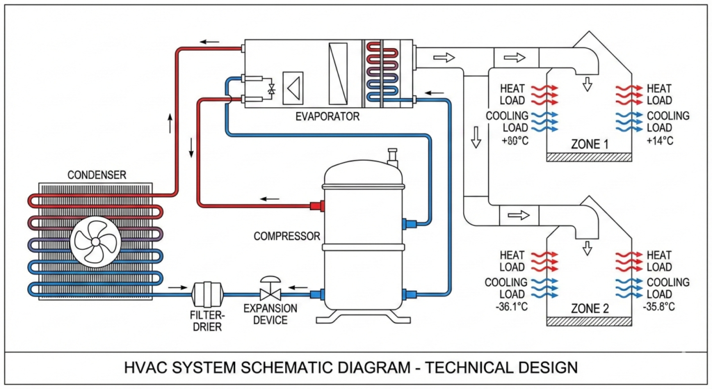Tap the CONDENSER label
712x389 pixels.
point(97,175)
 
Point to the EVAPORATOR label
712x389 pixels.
point(327,117)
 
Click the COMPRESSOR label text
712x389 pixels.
point(286,236)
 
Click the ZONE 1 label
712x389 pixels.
point(590,144)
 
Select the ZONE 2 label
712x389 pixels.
point(590,307)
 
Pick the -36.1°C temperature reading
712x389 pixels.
point(510,307)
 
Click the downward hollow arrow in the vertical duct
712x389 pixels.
point(476,137)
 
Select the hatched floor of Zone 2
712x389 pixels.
point(589,321)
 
